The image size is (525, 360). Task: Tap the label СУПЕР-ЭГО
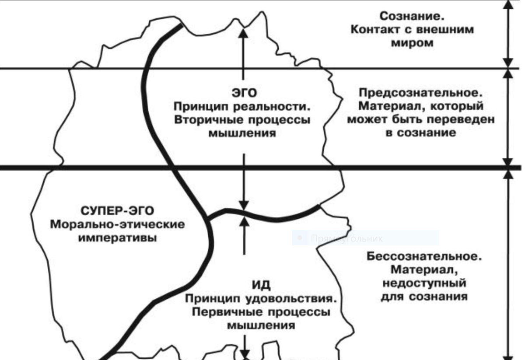(x=118, y=211)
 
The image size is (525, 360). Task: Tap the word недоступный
(x=423, y=283)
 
